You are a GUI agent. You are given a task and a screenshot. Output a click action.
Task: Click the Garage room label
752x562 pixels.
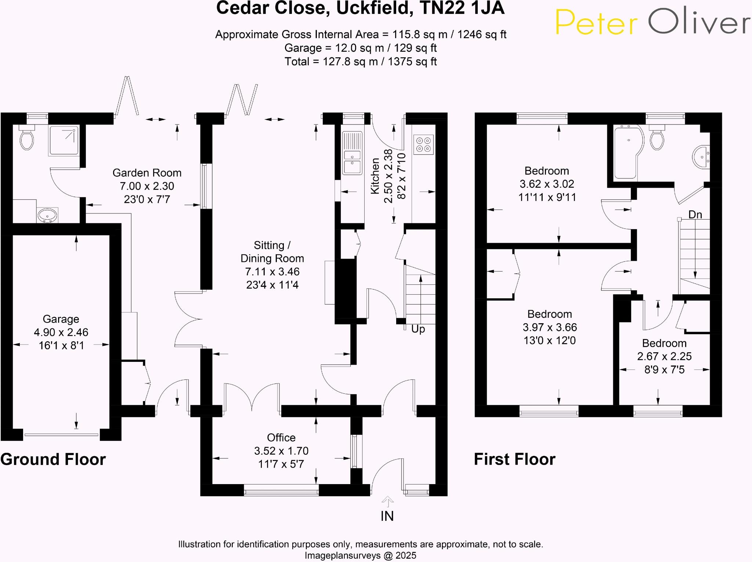(61, 319)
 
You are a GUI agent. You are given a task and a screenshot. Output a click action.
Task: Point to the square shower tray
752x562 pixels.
(64, 140)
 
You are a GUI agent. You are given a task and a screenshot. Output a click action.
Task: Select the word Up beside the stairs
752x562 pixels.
(418, 329)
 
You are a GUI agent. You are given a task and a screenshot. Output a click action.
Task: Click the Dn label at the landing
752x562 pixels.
(695, 215)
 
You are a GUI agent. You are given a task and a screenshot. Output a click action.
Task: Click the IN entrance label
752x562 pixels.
(387, 516)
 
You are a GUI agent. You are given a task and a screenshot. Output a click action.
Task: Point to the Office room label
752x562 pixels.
(281, 437)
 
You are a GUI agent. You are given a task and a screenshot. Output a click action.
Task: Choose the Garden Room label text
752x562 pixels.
(147, 173)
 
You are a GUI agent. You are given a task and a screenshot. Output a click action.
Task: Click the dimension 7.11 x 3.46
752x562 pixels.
(272, 272)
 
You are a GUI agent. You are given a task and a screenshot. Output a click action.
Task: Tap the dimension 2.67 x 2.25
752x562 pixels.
(664, 356)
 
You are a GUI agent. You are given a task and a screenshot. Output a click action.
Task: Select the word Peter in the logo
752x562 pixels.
(596, 23)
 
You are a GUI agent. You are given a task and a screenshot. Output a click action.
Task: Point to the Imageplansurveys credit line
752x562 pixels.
(360, 555)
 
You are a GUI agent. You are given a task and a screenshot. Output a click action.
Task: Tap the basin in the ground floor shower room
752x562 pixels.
(47, 215)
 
